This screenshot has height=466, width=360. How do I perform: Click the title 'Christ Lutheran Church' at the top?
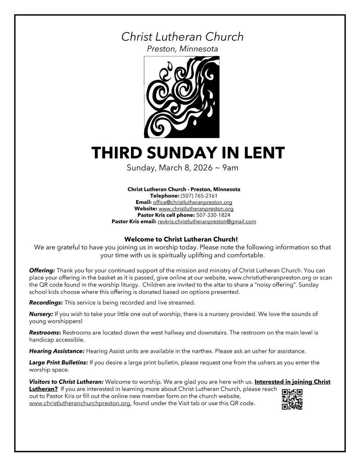182,37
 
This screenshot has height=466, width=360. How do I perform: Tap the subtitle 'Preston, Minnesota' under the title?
182,49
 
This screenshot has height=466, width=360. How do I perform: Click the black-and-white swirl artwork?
182,97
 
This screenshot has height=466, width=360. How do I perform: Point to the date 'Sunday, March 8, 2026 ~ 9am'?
182,168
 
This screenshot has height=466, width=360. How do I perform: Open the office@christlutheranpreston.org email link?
192,202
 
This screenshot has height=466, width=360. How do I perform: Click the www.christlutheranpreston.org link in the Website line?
196,209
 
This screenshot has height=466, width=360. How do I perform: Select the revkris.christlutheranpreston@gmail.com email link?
207,222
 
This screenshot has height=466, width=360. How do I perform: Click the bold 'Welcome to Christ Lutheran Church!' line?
181,239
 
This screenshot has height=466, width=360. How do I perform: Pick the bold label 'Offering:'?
42,270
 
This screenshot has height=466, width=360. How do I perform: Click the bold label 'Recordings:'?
46,303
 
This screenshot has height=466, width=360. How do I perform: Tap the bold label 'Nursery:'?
41,314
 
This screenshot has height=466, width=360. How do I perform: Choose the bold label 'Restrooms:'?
45,333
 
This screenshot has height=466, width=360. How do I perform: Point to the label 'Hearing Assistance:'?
57,351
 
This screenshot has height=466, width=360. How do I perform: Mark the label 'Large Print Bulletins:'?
58,363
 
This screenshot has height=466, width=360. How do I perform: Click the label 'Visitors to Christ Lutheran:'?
66,382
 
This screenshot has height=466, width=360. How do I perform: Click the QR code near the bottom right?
292,399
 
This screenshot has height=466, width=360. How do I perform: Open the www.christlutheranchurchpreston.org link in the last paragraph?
80,404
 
